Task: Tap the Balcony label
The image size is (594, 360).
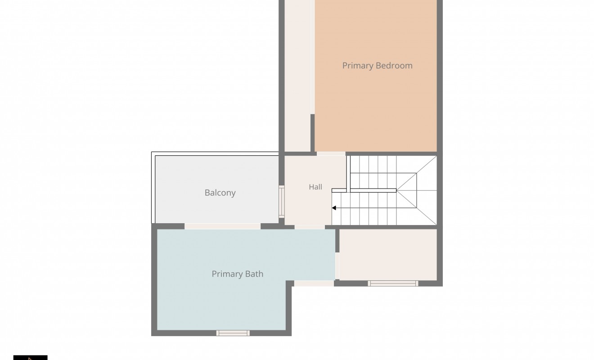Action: (220, 193)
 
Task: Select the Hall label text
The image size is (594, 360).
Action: (315, 187)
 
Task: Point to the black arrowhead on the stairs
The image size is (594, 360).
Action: (334, 208)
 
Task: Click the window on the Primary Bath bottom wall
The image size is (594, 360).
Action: (233, 333)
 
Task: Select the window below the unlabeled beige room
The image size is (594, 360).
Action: (393, 283)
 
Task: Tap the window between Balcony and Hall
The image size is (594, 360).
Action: (282, 202)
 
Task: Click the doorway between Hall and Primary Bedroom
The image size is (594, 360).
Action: (331, 154)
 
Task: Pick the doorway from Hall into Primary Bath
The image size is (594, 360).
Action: (310, 227)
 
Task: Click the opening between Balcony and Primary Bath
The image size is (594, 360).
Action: (222, 226)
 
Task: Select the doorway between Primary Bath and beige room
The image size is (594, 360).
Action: (337, 266)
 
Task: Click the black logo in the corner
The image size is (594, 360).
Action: (31, 358)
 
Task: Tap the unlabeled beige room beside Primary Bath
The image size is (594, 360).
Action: (388, 255)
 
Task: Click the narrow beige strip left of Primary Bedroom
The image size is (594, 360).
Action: (297, 76)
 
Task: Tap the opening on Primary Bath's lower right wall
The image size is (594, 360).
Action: (314, 283)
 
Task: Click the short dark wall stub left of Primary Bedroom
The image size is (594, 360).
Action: (312, 133)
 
